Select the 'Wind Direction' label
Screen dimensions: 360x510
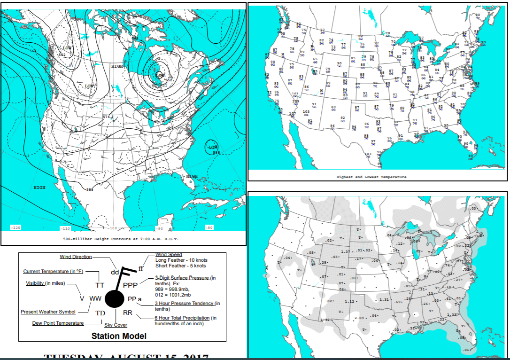(x=76, y=257)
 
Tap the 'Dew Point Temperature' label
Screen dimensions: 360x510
(x=58, y=323)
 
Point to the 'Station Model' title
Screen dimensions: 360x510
(x=119, y=336)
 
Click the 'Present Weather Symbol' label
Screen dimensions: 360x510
(x=47, y=312)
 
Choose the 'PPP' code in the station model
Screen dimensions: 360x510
(x=130, y=285)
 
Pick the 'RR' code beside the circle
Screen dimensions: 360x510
(x=128, y=313)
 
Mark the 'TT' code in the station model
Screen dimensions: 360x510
(x=100, y=285)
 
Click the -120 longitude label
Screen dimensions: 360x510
(x=15, y=227)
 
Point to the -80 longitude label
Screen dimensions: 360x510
(x=209, y=227)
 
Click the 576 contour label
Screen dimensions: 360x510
(x=106, y=117)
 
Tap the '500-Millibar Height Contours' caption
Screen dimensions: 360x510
(x=121, y=239)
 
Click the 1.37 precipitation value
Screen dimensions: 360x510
(x=346, y=252)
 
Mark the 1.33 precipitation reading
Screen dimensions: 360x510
(x=452, y=314)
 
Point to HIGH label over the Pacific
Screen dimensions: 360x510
(x=39, y=188)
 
